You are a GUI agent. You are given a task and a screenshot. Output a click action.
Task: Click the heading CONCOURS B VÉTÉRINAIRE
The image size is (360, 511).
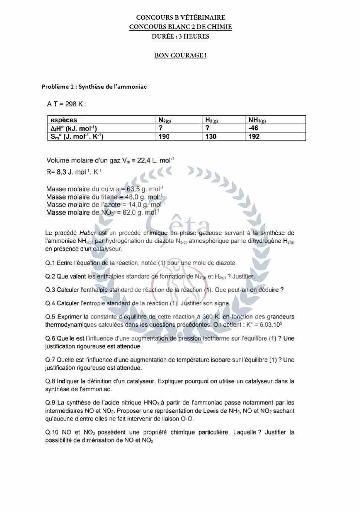tap(180, 17)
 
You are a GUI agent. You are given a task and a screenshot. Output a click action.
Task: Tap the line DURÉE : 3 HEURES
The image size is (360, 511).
tap(180, 36)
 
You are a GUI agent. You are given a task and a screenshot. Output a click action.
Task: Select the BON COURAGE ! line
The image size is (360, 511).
tap(180, 56)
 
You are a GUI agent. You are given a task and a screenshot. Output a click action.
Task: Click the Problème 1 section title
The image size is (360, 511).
tap(94, 87)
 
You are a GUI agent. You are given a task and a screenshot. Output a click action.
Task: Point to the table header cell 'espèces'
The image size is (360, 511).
tap(63, 120)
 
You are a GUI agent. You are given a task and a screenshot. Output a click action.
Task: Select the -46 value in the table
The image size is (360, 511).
tap(253, 128)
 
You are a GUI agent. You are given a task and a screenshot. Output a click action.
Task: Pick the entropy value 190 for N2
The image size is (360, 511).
tap(164, 136)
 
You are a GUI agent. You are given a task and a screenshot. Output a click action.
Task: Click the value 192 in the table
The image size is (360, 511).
tap(254, 136)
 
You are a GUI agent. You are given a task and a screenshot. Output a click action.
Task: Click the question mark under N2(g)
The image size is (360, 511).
tap(160, 128)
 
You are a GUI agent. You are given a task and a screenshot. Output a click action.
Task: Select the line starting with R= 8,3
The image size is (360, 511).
tap(74, 172)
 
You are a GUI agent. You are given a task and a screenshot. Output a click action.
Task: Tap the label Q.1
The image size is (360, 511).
tap(50, 263)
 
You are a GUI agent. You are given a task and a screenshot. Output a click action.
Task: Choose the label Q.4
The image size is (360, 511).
tap(50, 303)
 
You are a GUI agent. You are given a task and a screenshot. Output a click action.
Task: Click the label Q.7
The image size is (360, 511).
tap(50, 360)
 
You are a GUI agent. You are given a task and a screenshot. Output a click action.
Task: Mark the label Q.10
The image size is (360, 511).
tap(52, 432)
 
